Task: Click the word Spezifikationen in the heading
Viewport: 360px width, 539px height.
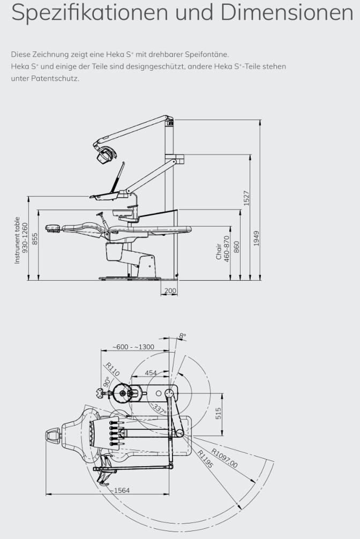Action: tap(90, 12)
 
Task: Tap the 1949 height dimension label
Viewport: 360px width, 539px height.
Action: tap(257, 238)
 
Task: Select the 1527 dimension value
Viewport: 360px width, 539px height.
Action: tap(246, 198)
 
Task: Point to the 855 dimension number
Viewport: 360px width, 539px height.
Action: tap(35, 239)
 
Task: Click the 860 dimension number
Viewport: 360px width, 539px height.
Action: tap(236, 247)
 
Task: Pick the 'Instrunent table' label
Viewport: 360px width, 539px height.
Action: tap(17, 240)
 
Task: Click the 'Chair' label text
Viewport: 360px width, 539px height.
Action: tap(219, 252)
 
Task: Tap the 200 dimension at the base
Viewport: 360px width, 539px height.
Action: tap(170, 291)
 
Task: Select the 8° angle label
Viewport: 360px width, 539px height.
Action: tap(183, 336)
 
